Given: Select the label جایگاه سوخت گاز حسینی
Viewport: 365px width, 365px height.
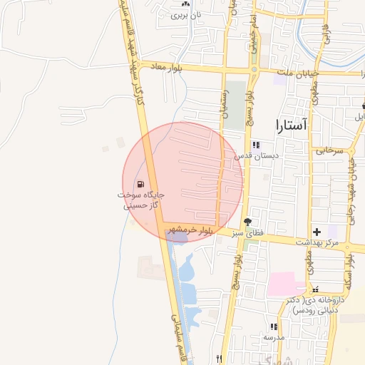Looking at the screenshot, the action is [x=141, y=200].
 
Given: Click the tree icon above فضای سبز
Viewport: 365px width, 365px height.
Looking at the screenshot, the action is [x=247, y=222].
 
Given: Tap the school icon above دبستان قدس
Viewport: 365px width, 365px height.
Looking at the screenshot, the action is [x=256, y=144].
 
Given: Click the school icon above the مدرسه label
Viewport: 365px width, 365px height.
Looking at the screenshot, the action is [x=272, y=326].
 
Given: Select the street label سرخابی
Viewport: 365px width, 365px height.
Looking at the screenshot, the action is [x=330, y=151].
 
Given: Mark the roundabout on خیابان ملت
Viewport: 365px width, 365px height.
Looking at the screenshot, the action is [x=255, y=70].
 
